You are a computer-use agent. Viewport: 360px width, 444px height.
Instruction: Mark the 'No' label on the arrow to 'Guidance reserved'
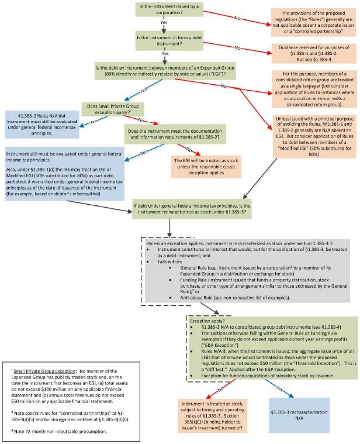tap(238, 47)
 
